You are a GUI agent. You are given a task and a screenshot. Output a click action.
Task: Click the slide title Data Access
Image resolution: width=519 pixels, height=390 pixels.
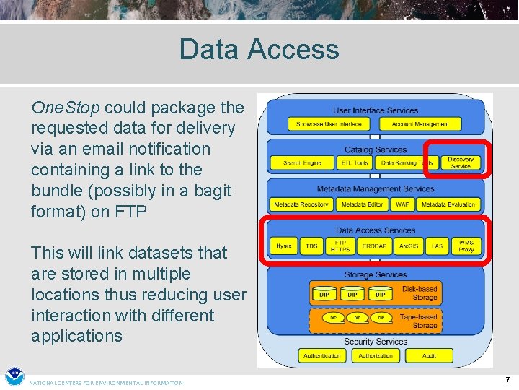(x=259, y=49)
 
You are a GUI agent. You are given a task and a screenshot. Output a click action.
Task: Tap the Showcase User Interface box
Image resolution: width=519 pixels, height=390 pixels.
(x=329, y=124)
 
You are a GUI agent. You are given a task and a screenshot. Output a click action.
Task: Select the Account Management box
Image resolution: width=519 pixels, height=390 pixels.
(x=420, y=124)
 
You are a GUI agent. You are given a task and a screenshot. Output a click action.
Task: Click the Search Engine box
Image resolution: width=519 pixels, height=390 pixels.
(x=302, y=163)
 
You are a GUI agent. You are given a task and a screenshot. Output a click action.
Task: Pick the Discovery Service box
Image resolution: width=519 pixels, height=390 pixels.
(x=461, y=162)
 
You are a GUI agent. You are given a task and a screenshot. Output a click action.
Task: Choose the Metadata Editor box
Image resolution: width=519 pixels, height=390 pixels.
(x=362, y=205)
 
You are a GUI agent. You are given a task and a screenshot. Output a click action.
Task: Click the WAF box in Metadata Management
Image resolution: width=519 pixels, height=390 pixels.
(x=402, y=205)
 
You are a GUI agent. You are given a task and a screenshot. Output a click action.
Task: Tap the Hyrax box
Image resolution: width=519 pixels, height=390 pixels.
(x=284, y=246)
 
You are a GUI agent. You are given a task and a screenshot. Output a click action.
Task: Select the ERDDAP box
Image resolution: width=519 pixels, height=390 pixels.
(x=375, y=246)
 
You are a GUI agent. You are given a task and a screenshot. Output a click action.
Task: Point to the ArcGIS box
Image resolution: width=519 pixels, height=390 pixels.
(x=408, y=246)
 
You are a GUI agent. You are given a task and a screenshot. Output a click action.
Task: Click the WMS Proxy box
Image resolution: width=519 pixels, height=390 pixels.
(x=466, y=246)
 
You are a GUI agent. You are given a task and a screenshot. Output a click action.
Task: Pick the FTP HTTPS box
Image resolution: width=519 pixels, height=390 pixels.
(x=340, y=246)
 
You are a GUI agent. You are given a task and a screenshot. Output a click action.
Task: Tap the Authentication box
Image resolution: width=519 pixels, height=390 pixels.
(x=321, y=355)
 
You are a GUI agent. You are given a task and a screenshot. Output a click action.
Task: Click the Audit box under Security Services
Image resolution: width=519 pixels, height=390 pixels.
(x=430, y=355)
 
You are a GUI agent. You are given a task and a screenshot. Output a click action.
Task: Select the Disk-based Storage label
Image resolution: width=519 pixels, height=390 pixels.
(x=420, y=293)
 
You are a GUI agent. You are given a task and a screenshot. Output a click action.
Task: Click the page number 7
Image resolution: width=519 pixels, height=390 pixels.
(x=507, y=379)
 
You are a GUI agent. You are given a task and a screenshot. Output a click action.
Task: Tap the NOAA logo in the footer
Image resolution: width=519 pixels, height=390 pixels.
(x=14, y=378)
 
